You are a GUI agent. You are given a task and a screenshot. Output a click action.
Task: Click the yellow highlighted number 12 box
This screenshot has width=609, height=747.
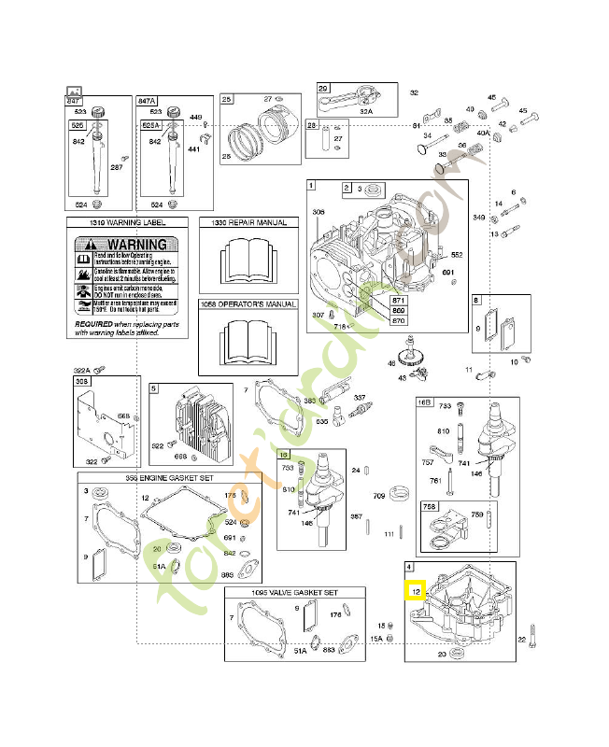[x=415, y=589]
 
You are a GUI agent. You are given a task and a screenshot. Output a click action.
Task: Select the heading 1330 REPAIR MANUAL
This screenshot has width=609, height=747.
[x=248, y=224]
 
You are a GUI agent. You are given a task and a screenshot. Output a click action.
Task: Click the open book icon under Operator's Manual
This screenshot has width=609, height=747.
[x=248, y=344]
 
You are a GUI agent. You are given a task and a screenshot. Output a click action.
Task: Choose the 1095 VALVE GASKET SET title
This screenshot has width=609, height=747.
[x=294, y=593]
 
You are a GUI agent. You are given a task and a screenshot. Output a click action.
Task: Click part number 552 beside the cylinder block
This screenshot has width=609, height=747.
[x=457, y=254]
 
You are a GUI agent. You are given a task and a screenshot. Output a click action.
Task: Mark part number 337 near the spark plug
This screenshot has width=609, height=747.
[x=359, y=398]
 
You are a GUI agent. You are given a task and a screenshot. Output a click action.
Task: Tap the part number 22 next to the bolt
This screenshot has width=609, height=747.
[x=522, y=639]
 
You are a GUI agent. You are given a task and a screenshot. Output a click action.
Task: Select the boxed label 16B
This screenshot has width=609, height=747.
[x=425, y=402]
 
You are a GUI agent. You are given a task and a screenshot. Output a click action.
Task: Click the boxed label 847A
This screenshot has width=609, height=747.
[x=148, y=100]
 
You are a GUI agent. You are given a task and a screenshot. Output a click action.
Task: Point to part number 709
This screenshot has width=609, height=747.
[x=379, y=495]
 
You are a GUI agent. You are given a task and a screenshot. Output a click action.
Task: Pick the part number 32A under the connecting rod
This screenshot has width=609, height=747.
[x=365, y=111]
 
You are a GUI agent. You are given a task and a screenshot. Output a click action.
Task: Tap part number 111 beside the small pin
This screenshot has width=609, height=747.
[x=389, y=533]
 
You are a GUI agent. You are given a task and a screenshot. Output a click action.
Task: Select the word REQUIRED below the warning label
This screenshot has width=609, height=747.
[x=94, y=324]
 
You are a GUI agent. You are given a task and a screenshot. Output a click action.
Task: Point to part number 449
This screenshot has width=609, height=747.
[x=196, y=118]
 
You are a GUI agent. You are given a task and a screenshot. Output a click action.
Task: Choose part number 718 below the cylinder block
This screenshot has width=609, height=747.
[x=340, y=327]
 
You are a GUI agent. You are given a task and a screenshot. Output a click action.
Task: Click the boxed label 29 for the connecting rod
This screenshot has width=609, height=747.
[x=324, y=89]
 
